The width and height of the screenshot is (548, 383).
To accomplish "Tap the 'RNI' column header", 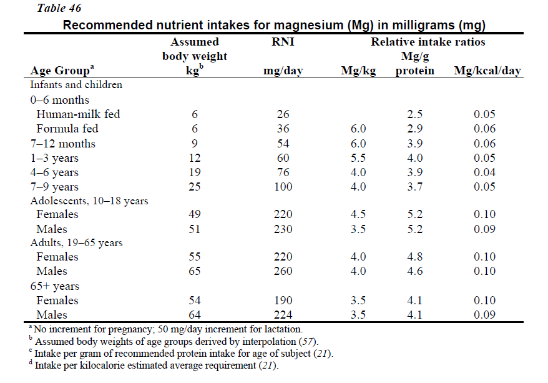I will coord(282,42).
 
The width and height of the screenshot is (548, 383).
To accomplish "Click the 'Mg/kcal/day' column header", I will coord(487,71).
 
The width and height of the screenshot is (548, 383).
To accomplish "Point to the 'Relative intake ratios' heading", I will coord(428,42).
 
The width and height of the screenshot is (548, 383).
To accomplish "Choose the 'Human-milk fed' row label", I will coord(78,114).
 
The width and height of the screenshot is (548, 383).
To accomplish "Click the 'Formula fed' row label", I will coord(67,129).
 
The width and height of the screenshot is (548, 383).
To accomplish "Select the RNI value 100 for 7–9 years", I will coord(283,187).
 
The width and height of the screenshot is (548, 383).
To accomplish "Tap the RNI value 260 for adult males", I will coord(283,271).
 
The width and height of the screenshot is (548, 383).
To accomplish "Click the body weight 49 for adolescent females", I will coord(195,214).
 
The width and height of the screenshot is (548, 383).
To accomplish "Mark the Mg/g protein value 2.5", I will coord(415,114).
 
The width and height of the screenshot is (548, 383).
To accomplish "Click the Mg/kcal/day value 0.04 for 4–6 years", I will coord(485,172).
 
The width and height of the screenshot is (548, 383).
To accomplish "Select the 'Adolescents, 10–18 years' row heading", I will coord(89,201).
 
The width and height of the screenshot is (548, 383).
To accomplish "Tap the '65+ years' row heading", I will coord(54,286).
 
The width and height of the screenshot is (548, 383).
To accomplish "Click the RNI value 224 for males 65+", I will coord(283,315).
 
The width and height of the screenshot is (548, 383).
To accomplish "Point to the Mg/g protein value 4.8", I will coord(415,257).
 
